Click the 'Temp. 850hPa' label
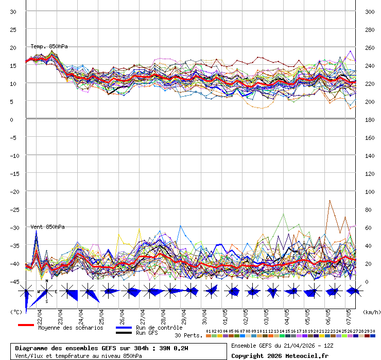(49, 46)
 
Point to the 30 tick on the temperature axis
(13, 11)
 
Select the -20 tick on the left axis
(13, 191)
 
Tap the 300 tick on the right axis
(370, 11)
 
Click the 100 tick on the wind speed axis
(370, 191)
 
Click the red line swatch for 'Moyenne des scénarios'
(26, 325)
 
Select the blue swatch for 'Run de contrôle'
(124, 328)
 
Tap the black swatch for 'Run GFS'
(124, 333)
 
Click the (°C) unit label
(16, 312)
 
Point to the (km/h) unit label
(371, 312)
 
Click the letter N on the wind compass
(47, 281)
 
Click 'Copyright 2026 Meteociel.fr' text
(280, 355)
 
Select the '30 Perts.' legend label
(188, 335)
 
